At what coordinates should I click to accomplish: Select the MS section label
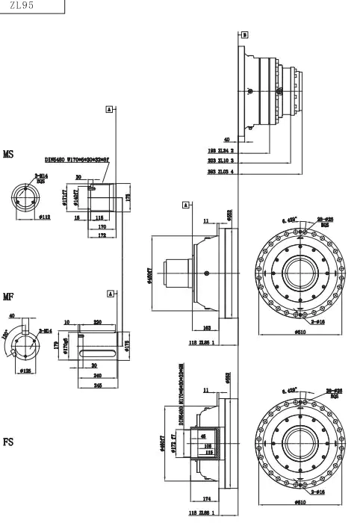coord(8,155)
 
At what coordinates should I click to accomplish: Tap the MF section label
coord(8,297)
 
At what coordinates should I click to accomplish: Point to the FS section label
coord(8,442)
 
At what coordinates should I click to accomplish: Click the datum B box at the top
coord(244,34)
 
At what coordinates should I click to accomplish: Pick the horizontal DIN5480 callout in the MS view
coord(77,159)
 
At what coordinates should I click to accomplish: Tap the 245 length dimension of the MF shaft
coord(98,386)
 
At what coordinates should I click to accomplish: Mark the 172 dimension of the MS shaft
coord(101,235)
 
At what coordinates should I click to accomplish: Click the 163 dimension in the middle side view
coord(206,327)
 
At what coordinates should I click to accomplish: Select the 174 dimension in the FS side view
coord(206,498)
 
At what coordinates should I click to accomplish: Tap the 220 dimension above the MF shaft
coord(97,322)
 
